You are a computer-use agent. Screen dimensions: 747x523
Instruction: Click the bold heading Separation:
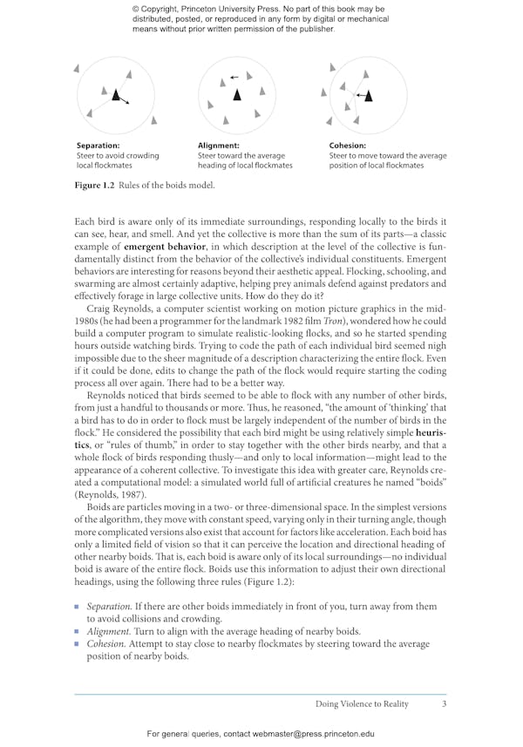98,146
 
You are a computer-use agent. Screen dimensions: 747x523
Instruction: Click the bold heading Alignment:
219,146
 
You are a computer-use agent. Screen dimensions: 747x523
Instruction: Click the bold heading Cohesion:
348,146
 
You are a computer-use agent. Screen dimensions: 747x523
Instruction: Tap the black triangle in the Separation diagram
115,94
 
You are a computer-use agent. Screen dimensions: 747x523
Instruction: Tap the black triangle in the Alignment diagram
236,94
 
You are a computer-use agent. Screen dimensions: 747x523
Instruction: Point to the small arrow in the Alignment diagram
234,77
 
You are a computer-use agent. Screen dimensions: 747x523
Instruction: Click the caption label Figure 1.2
96,185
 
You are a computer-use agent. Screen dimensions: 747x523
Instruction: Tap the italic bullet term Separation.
109,607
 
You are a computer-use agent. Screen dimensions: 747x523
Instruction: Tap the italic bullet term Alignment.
108,631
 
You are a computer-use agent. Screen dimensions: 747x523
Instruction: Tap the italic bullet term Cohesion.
106,643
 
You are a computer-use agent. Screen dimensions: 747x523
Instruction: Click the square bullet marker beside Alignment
78,631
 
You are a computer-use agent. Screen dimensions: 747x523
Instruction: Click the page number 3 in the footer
444,703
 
